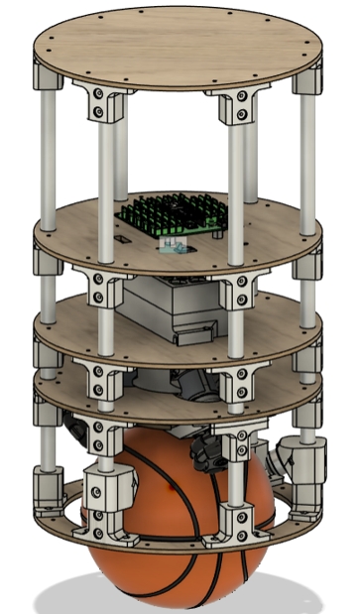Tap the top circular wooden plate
(x=179, y=45)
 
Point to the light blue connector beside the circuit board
(x=176, y=242)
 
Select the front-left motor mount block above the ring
(x=108, y=486)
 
